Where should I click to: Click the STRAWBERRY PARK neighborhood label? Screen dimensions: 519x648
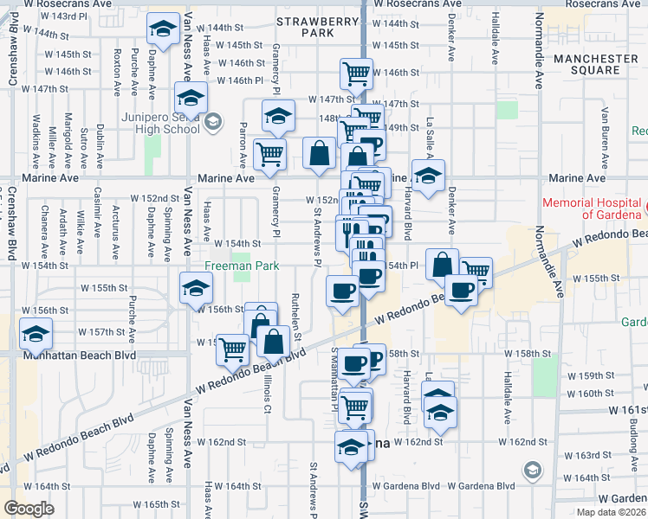pyautogui.click(x=305, y=26)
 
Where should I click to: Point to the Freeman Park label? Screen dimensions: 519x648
pyautogui.click(x=242, y=266)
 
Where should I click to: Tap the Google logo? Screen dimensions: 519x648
pyautogui.click(x=29, y=509)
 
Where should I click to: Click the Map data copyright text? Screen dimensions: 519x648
pyautogui.click(x=610, y=512)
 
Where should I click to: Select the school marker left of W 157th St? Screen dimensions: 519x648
pyautogui.click(x=36, y=333)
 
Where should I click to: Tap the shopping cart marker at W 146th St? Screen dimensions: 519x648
pyautogui.click(x=356, y=74)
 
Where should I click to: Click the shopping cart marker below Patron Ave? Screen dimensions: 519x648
pyautogui.click(x=269, y=154)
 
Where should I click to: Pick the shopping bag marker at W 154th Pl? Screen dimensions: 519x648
pyautogui.click(x=442, y=264)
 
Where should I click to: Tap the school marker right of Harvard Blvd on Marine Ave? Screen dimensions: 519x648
pyautogui.click(x=428, y=176)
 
